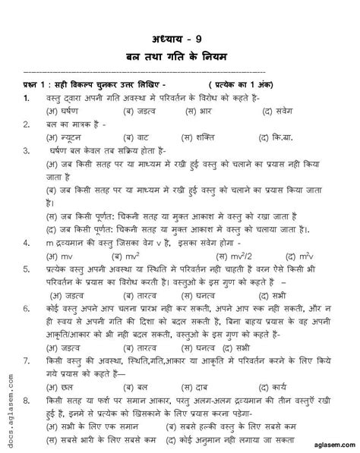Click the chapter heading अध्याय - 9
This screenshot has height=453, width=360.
coord(180,40)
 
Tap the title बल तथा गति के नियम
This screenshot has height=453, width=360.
coord(180,59)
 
